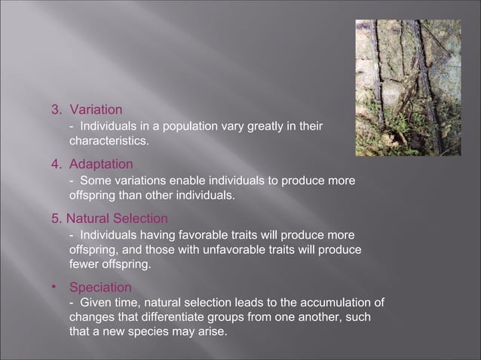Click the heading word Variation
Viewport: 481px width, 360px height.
pyautogui.click(x=96, y=110)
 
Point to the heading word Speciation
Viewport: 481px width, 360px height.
pyautogui.click(x=100, y=288)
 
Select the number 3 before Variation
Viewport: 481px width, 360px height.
pyautogui.click(x=54, y=110)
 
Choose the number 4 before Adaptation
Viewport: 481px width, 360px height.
pyautogui.click(x=54, y=163)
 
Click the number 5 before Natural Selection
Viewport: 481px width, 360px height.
pyautogui.click(x=54, y=218)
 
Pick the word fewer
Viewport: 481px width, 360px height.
pyautogui.click(x=84, y=264)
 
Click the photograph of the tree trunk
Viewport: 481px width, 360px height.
pyautogui.click(x=408, y=87)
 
